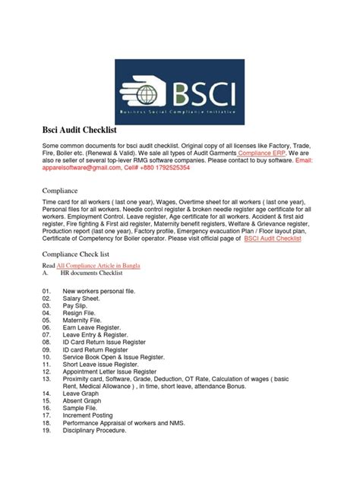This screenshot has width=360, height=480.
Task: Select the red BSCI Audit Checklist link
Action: (x=273, y=238)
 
